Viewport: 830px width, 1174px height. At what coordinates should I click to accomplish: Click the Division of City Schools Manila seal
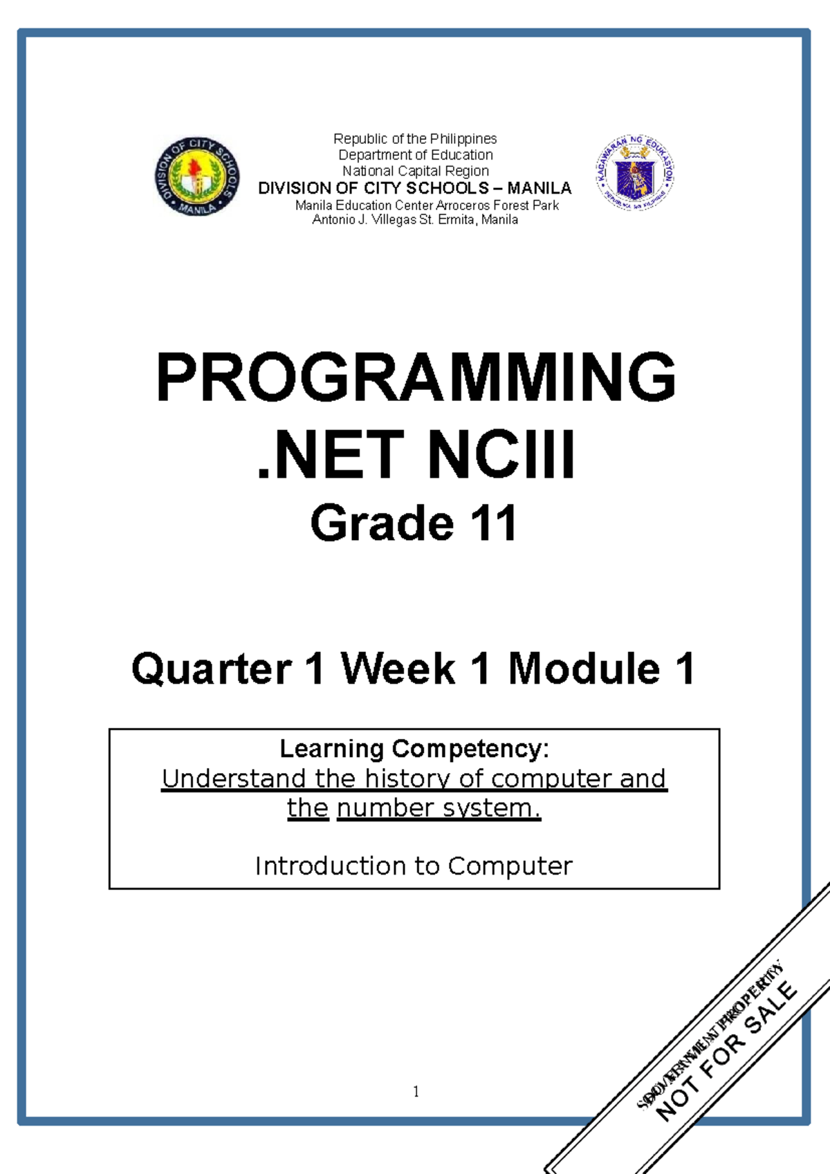[x=197, y=176]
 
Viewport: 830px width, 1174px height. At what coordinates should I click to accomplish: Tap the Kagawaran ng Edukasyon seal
[x=634, y=173]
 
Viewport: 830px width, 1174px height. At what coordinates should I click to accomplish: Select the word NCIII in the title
[x=501, y=455]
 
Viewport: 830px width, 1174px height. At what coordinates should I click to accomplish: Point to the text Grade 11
[x=414, y=523]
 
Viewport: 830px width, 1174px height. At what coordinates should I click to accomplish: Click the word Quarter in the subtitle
[x=212, y=669]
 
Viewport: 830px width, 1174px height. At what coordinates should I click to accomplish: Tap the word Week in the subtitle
[x=398, y=669]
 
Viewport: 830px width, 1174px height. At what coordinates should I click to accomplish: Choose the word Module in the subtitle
[x=584, y=669]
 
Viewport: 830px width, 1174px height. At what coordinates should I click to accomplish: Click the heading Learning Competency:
[x=414, y=749]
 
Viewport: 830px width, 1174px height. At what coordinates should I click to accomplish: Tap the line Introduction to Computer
[x=414, y=866]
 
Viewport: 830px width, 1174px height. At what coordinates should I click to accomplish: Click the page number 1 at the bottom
[x=416, y=1092]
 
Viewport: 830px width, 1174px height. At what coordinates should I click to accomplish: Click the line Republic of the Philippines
[x=415, y=139]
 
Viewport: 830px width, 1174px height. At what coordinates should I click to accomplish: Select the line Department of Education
[x=415, y=155]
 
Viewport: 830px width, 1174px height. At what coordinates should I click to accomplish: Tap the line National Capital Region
[x=415, y=171]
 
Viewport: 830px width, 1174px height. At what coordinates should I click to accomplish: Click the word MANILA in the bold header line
[x=539, y=188]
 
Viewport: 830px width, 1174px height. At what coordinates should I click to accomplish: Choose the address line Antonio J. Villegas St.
[x=415, y=220]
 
